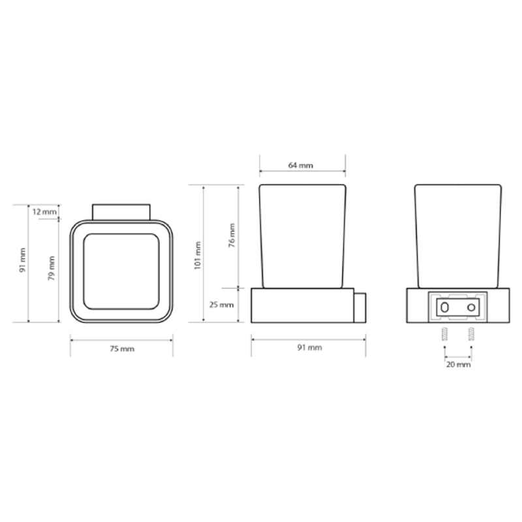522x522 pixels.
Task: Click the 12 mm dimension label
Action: (x=44, y=211)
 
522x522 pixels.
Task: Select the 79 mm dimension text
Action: (x=52, y=268)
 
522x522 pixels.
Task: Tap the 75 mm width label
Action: (x=122, y=349)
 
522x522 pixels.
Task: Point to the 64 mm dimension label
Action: (x=301, y=165)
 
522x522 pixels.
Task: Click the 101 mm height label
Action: (x=198, y=255)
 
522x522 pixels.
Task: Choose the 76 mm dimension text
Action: (x=232, y=236)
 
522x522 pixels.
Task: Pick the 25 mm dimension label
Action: (x=221, y=305)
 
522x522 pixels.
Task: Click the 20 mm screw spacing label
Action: (x=459, y=365)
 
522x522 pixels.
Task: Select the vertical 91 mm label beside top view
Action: (x=22, y=260)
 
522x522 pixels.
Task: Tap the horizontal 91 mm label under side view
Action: (x=309, y=348)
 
